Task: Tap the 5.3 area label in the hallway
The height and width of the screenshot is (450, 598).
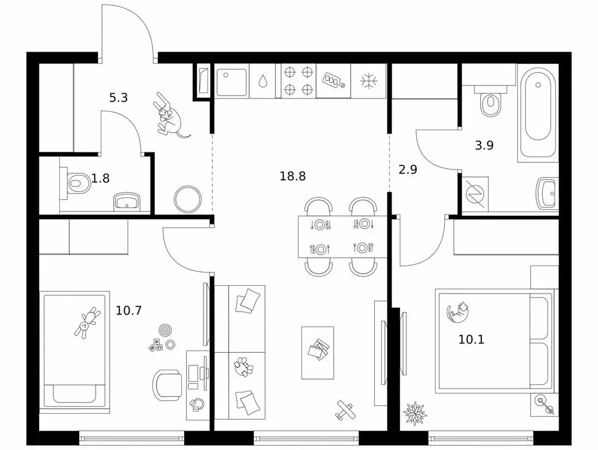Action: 118,97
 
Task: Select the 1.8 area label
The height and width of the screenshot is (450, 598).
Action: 101,178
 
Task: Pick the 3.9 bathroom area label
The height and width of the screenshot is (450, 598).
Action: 484,145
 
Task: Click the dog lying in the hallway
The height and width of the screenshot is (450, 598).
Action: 169,117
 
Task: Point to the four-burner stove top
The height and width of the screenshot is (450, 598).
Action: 298,81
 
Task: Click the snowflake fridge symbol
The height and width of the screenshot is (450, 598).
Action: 368,81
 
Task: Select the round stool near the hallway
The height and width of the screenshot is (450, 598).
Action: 188,199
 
